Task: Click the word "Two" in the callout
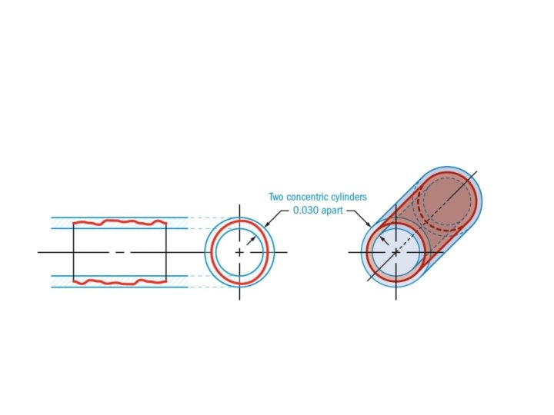pos(276,198)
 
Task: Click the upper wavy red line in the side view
pos(119,223)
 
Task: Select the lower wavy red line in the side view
pos(119,282)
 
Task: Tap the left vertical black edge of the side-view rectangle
pos(74,252)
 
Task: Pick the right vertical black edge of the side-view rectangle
pos(166,252)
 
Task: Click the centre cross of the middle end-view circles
pos(239,252)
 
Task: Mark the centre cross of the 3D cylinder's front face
pos(395,252)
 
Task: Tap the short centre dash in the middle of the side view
pos(119,252)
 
